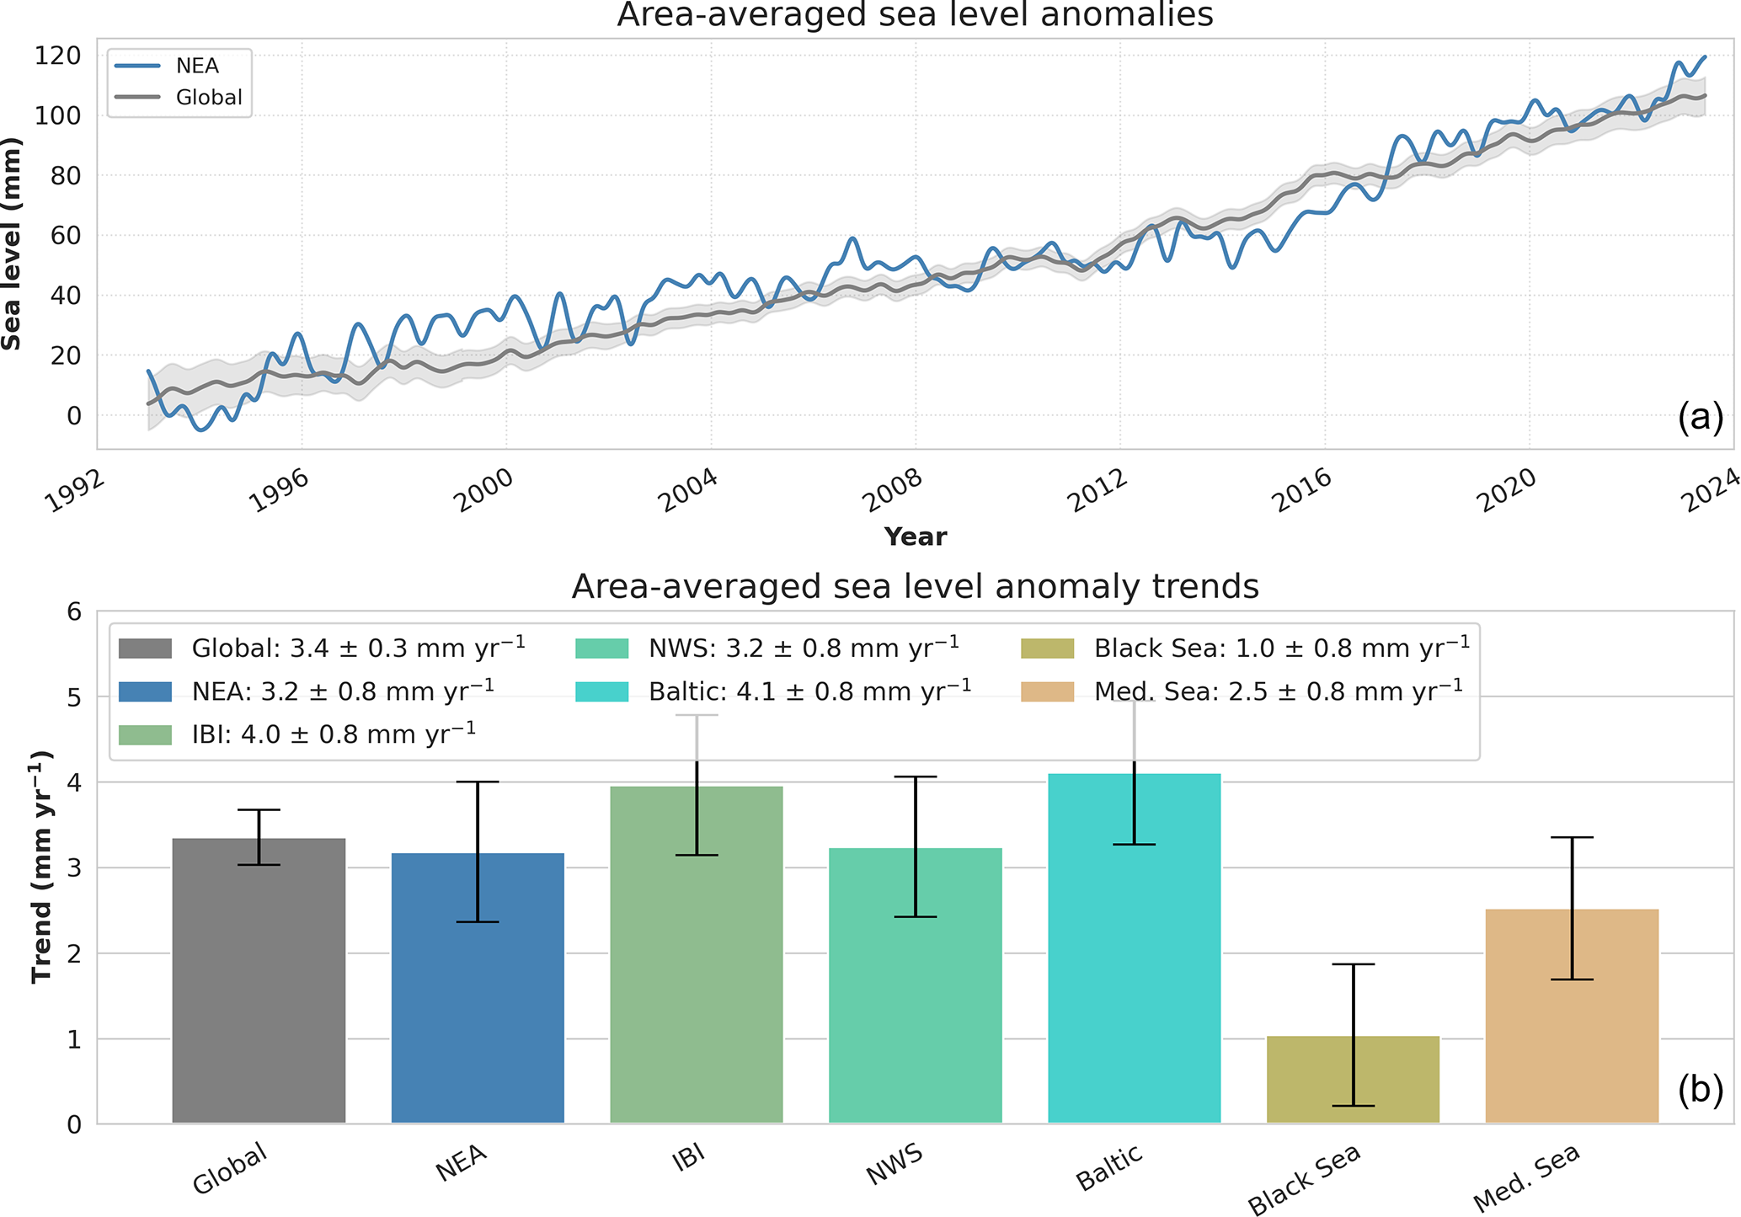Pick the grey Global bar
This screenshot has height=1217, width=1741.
point(259,980)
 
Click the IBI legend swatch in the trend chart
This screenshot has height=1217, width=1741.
point(145,734)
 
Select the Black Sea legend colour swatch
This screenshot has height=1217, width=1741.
point(1047,649)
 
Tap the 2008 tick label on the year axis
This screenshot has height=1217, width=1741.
point(892,491)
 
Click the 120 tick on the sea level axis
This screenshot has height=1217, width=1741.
point(58,56)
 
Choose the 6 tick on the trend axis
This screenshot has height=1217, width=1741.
point(74,611)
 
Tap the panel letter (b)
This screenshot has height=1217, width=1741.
point(1700,1090)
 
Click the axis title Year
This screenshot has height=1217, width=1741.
point(915,536)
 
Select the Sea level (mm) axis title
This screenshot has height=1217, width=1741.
point(12,244)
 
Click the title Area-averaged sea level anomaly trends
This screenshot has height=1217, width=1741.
point(915,586)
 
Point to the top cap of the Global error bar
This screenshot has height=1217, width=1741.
point(259,810)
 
